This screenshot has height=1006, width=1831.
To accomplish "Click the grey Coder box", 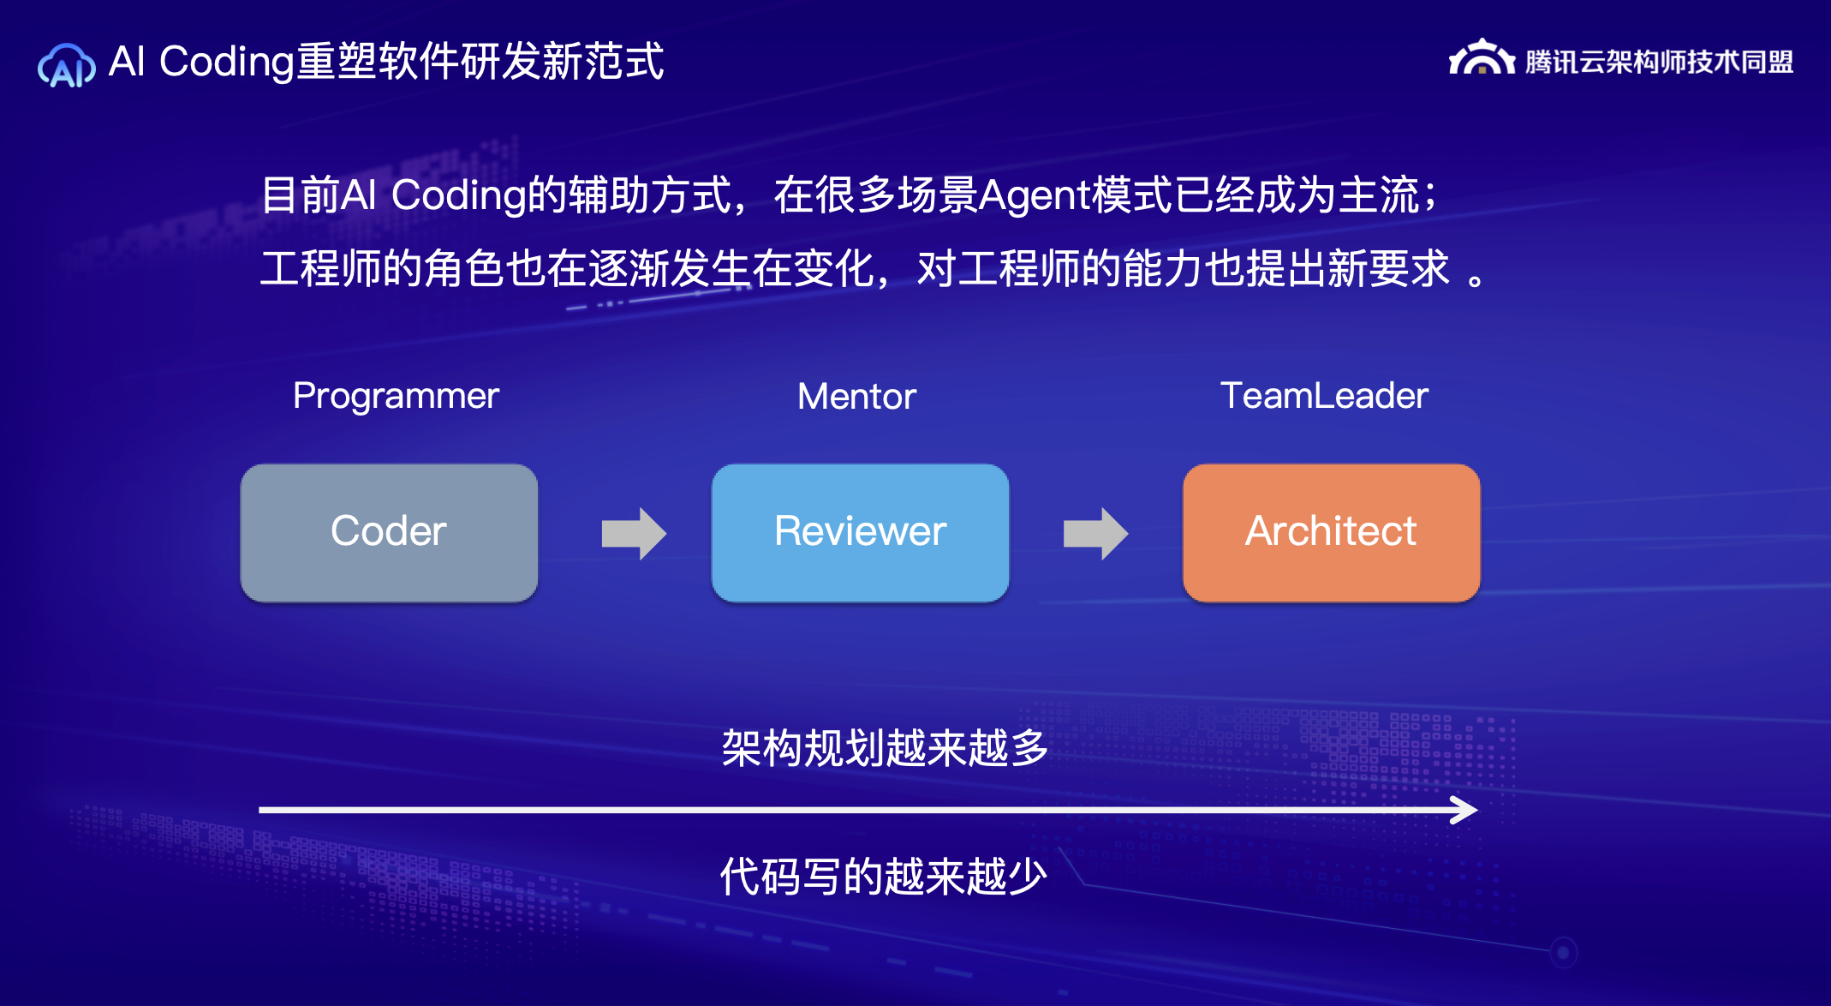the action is click(x=389, y=532).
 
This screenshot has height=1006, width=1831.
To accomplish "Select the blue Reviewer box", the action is click(x=860, y=532).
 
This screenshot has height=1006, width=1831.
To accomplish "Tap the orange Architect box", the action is click(x=1331, y=532).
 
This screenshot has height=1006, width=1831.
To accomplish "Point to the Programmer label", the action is click(x=396, y=396).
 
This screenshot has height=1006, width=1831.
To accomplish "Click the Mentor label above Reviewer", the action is click(x=856, y=396).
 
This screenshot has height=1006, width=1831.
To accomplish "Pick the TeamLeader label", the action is click(x=1324, y=396).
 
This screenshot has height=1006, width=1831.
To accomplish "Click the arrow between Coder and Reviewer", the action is click(x=634, y=533).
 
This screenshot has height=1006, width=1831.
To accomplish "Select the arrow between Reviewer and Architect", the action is click(x=1095, y=533).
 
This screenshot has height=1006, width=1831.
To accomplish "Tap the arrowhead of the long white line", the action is click(x=1466, y=810).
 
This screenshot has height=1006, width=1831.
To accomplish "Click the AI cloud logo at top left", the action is click(x=66, y=65).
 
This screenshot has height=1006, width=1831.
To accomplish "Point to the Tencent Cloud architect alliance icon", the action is click(x=1481, y=58).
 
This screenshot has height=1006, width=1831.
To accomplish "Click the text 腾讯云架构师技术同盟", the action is click(x=1659, y=62).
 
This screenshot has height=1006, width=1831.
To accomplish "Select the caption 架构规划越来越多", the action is click(x=885, y=748).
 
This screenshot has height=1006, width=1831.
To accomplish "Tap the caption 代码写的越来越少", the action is click(x=883, y=877).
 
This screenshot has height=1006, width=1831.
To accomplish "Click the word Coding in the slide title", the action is click(x=227, y=62).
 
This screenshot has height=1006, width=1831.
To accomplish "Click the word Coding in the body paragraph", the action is click(x=458, y=195).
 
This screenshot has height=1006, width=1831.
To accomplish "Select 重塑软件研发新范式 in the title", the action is click(x=480, y=62).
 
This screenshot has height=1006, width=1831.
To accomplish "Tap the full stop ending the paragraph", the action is click(x=1476, y=280).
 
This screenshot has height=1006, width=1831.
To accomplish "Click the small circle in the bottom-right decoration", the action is click(x=1563, y=952).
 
